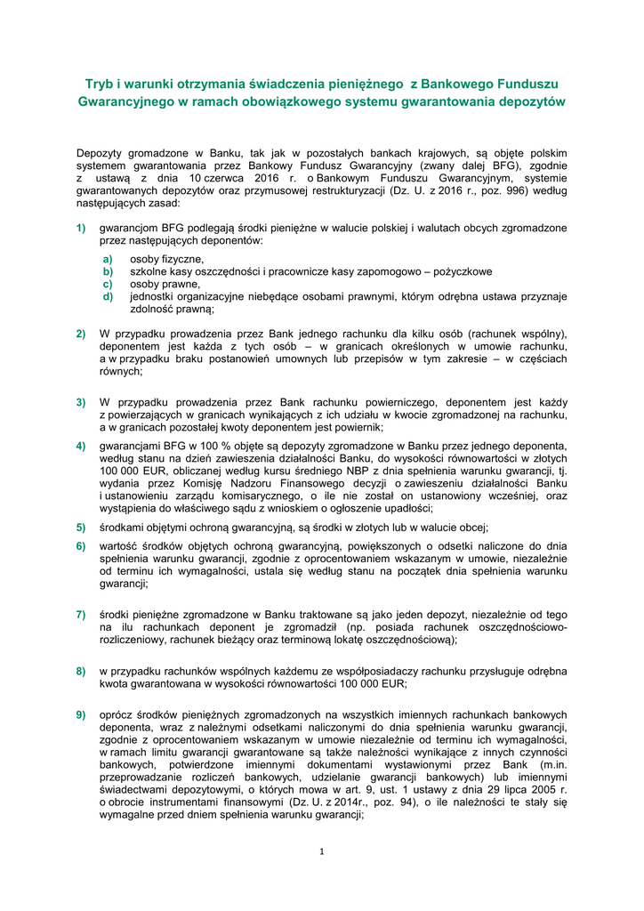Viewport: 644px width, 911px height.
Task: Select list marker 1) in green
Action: pyautogui.click(x=81, y=228)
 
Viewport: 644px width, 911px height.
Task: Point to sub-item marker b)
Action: pyautogui.click(x=108, y=271)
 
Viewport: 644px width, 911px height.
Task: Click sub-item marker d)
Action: pyautogui.click(x=108, y=297)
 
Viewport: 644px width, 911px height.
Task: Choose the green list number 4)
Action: pyautogui.click(x=81, y=445)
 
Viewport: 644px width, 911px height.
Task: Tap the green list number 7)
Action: pyautogui.click(x=81, y=614)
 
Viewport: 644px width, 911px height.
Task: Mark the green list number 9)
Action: pyautogui.click(x=81, y=714)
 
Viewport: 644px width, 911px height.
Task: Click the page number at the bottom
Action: pyautogui.click(x=322, y=851)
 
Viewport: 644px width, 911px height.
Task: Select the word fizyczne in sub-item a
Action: pyautogui.click(x=181, y=259)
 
